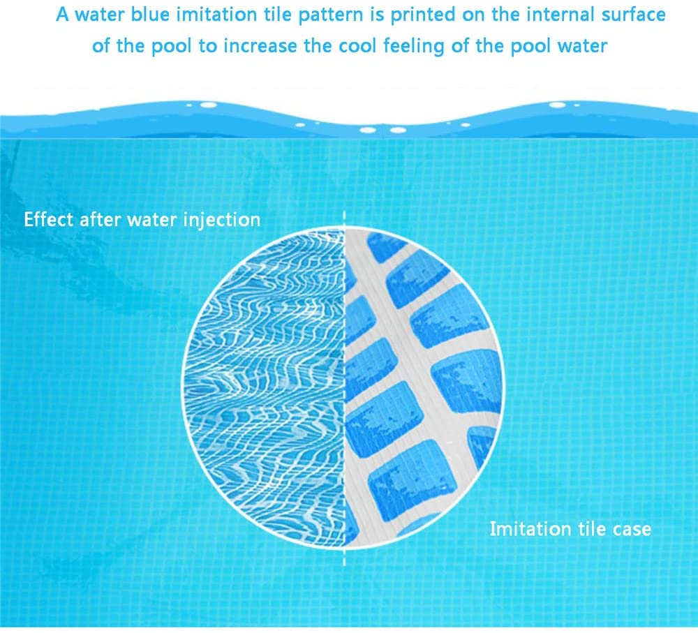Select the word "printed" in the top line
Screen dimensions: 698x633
coord(423,15)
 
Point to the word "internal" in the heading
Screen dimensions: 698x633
coord(560,15)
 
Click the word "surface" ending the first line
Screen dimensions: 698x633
coord(634,15)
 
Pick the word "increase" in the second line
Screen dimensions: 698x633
coord(260,46)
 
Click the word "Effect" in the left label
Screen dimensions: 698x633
coord(49,219)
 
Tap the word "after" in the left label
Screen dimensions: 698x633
coord(100,219)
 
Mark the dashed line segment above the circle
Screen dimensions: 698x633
coord(344,218)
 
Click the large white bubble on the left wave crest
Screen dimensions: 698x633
coord(208,105)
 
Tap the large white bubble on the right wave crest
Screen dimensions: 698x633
coord(557,105)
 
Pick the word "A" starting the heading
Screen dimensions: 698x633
coord(63,15)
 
